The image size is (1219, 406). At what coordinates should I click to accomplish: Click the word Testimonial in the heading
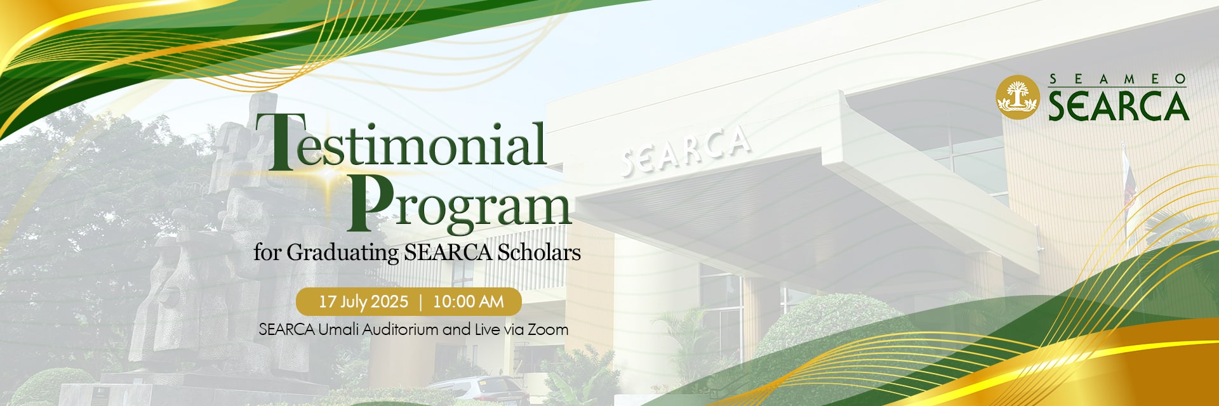pyautogui.click(x=401, y=141)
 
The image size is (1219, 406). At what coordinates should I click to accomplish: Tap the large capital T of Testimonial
pyautogui.click(x=276, y=141)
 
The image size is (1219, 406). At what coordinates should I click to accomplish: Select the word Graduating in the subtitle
pyautogui.click(x=343, y=253)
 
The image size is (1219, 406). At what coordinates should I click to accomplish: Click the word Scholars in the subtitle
pyautogui.click(x=539, y=252)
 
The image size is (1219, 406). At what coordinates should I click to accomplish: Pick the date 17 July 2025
pyautogui.click(x=363, y=302)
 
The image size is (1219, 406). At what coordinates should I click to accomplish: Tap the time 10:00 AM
pyautogui.click(x=469, y=301)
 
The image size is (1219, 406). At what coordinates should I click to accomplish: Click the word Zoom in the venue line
pyautogui.click(x=548, y=329)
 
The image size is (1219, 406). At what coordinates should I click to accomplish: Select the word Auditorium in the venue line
pyautogui.click(x=401, y=329)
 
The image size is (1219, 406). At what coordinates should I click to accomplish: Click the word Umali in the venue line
pyautogui.click(x=338, y=329)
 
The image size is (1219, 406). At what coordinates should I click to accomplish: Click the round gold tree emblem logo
pyautogui.click(x=1018, y=97)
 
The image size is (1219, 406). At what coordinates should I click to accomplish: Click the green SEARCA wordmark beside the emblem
pyautogui.click(x=1118, y=105)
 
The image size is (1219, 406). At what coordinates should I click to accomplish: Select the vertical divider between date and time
pyautogui.click(x=420, y=302)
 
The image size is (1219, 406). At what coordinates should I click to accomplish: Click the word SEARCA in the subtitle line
pyautogui.click(x=448, y=252)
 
